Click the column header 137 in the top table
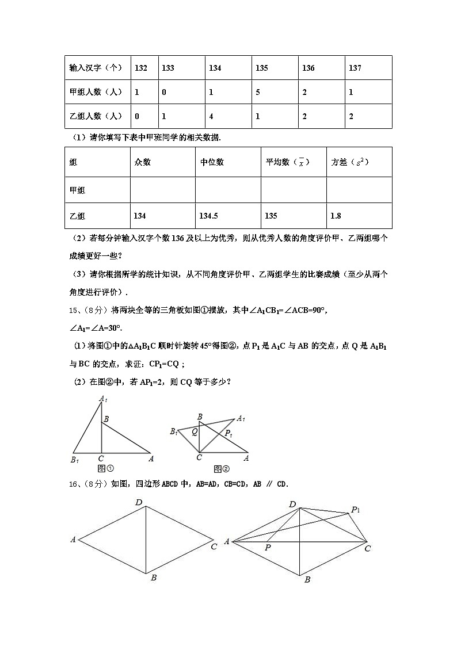pyautogui.click(x=355, y=68)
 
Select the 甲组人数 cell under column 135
pyautogui.click(x=258, y=92)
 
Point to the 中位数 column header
pyautogui.click(x=212, y=162)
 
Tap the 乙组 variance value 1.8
pyautogui.click(x=336, y=216)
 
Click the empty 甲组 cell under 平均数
pyautogui.click(x=294, y=190)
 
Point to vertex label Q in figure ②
pyautogui.click(x=195, y=431)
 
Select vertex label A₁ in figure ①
pyautogui.click(x=102, y=398)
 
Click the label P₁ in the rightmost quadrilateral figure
pyautogui.click(x=356, y=510)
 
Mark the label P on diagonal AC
pyautogui.click(x=268, y=548)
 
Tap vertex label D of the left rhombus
pyautogui.click(x=139, y=503)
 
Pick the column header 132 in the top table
pyautogui.click(x=141, y=68)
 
